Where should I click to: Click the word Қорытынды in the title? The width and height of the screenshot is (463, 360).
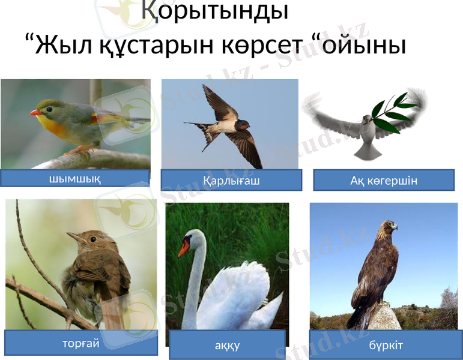pos(214,11)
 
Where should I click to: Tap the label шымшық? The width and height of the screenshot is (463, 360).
pos(74,179)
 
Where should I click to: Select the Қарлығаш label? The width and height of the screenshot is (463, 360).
pos(231,180)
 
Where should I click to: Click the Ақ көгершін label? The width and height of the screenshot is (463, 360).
pos(384,180)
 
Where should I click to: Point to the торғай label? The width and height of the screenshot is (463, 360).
pos(80,344)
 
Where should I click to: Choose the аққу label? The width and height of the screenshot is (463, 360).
pos(228,346)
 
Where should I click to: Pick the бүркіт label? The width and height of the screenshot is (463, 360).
pos(386,346)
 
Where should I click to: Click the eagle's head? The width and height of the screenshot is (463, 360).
pos(389,226)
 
